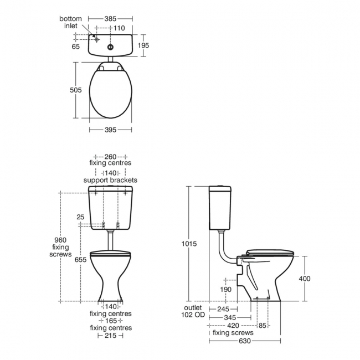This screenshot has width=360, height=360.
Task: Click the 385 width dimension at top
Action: tap(111, 18)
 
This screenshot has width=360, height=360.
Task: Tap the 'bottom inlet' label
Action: tap(71, 23)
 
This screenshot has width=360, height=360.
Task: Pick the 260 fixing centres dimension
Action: tap(110, 156)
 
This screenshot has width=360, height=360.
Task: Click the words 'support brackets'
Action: tap(110, 180)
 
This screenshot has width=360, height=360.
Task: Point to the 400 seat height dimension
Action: tap(305, 279)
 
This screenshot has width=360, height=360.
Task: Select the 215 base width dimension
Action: tap(110, 336)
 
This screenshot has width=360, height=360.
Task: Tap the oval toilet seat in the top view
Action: tap(110, 91)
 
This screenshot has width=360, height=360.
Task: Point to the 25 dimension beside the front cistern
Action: tap(81, 217)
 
